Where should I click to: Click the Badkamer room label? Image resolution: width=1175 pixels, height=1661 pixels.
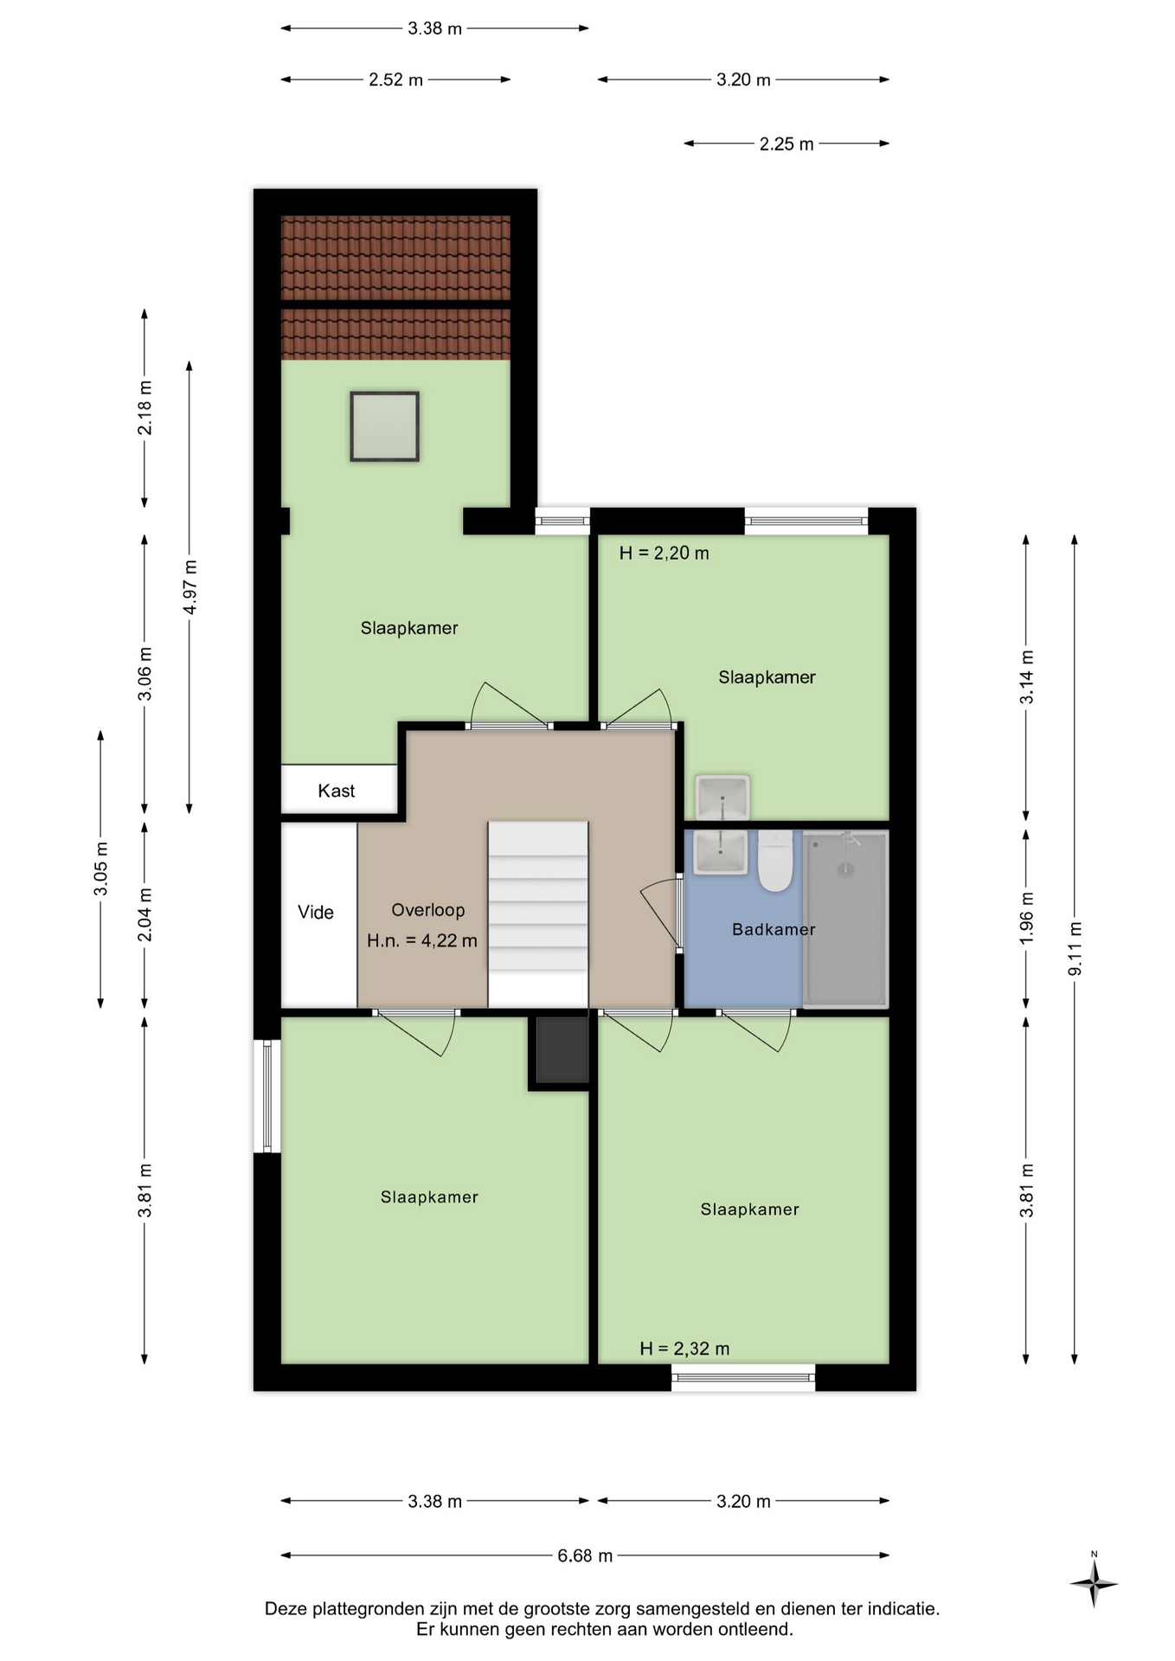pyautogui.click(x=774, y=929)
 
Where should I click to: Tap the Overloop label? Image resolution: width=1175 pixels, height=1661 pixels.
pyautogui.click(x=427, y=910)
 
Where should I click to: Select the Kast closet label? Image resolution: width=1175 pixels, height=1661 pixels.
pyautogui.click(x=336, y=791)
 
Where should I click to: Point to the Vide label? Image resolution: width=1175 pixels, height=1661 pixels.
pyautogui.click(x=315, y=912)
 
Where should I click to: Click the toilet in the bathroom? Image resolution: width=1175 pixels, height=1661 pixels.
pyautogui.click(x=775, y=862)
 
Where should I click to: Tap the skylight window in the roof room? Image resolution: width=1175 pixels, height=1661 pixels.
pyautogui.click(x=385, y=426)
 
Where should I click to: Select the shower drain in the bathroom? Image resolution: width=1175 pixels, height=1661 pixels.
pyautogui.click(x=845, y=870)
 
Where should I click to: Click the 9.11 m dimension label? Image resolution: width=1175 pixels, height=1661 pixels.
pyautogui.click(x=1075, y=949)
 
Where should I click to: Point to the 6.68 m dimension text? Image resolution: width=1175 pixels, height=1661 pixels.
pyautogui.click(x=585, y=1555)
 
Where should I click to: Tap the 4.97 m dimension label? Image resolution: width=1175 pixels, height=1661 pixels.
pyautogui.click(x=190, y=587)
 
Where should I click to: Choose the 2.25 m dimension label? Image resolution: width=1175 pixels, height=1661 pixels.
pyautogui.click(x=787, y=144)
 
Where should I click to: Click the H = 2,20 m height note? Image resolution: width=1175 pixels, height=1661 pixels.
pyautogui.click(x=664, y=553)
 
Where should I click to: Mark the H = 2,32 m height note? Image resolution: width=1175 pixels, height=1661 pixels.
pyautogui.click(x=684, y=1349)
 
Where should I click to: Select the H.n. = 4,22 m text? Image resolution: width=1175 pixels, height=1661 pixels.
pyautogui.click(x=421, y=940)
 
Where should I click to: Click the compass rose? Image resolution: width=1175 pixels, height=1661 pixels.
pyautogui.click(x=1094, y=1583)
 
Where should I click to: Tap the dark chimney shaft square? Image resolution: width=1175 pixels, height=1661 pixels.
pyautogui.click(x=562, y=1049)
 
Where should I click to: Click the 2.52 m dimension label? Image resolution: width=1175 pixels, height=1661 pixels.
pyautogui.click(x=395, y=80)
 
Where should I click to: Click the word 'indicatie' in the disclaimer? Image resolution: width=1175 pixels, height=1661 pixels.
pyautogui.click(x=902, y=1609)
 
